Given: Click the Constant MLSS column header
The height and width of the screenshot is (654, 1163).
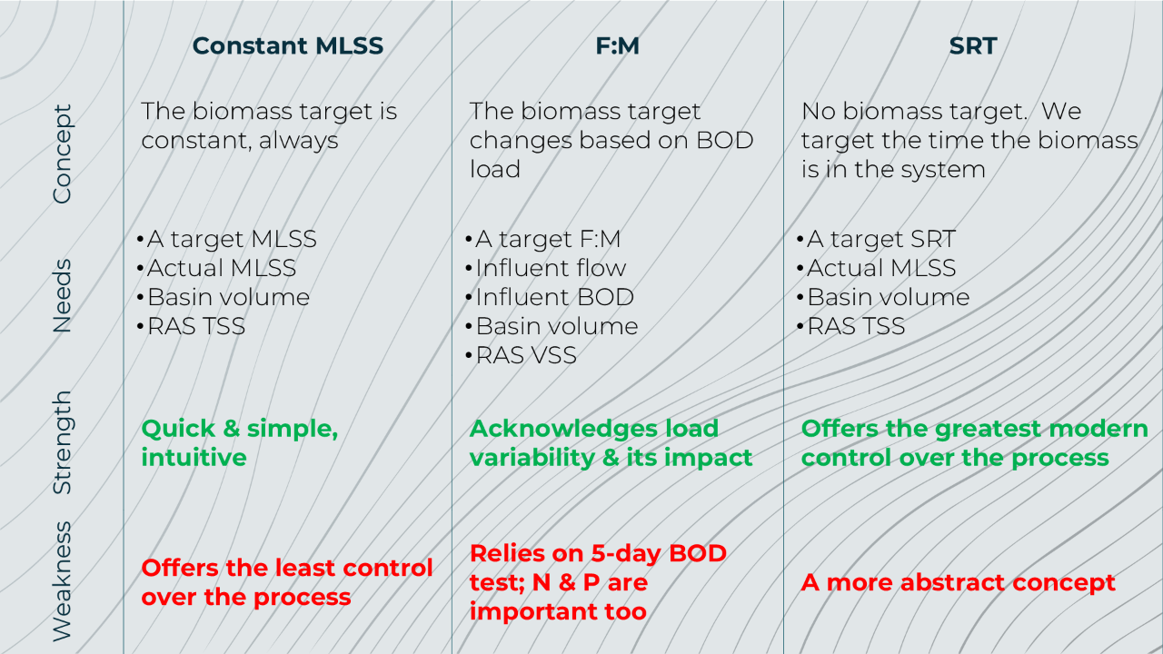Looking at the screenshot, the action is [288, 45].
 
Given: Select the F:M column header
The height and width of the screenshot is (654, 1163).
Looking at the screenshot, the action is [617, 45].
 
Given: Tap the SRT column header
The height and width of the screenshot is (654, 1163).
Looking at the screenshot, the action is [972, 45].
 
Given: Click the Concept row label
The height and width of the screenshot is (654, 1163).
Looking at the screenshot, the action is [63, 154].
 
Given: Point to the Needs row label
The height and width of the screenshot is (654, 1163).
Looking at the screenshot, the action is [62, 296].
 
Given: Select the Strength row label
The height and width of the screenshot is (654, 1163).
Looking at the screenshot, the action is [63, 442].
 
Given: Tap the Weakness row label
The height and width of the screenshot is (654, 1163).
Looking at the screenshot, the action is [62, 581].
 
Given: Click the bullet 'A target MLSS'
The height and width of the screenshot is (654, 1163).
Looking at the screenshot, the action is [227, 239].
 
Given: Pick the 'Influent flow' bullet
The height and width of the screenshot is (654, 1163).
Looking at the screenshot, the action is [546, 268].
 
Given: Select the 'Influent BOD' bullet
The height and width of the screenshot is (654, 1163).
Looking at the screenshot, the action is [550, 297].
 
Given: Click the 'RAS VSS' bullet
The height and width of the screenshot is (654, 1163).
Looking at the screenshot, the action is [521, 355].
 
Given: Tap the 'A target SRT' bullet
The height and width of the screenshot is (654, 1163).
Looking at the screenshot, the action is [876, 239].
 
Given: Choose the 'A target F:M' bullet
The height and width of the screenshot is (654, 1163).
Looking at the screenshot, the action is [543, 239].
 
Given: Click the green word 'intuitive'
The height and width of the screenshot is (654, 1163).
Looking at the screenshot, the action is [194, 458].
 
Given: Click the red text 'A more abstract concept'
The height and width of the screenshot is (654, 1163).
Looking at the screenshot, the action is [958, 583].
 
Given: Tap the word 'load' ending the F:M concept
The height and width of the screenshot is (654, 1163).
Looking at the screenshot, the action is [495, 169].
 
